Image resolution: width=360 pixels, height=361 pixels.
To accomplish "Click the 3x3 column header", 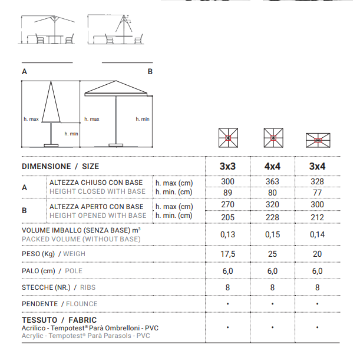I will [227, 167].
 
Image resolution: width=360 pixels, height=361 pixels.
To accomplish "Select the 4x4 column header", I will [272, 167].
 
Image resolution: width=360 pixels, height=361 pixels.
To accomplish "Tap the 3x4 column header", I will [317, 167].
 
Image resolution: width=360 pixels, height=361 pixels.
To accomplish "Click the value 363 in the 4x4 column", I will [272, 182].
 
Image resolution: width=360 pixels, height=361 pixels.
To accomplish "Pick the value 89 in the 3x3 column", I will [227, 192].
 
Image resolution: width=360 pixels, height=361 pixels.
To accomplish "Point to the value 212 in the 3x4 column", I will [317, 216].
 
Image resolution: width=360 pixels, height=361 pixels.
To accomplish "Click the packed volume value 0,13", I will [227, 234].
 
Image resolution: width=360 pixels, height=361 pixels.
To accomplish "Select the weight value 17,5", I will [227, 254].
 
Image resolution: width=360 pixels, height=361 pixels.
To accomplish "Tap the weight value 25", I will [272, 254].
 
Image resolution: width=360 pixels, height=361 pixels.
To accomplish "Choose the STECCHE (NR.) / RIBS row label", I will [58, 288].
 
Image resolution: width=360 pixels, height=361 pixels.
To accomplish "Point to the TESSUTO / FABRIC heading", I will [58, 320].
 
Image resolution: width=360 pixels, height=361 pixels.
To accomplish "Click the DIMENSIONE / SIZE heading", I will [61, 167].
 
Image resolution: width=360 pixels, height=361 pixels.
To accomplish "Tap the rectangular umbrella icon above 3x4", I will [317, 140].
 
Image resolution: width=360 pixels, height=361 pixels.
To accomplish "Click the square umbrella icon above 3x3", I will [227, 138].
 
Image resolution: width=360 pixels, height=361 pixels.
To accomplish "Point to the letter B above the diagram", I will [150, 71].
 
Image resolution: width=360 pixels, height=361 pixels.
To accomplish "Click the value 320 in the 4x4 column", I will [272, 206].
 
